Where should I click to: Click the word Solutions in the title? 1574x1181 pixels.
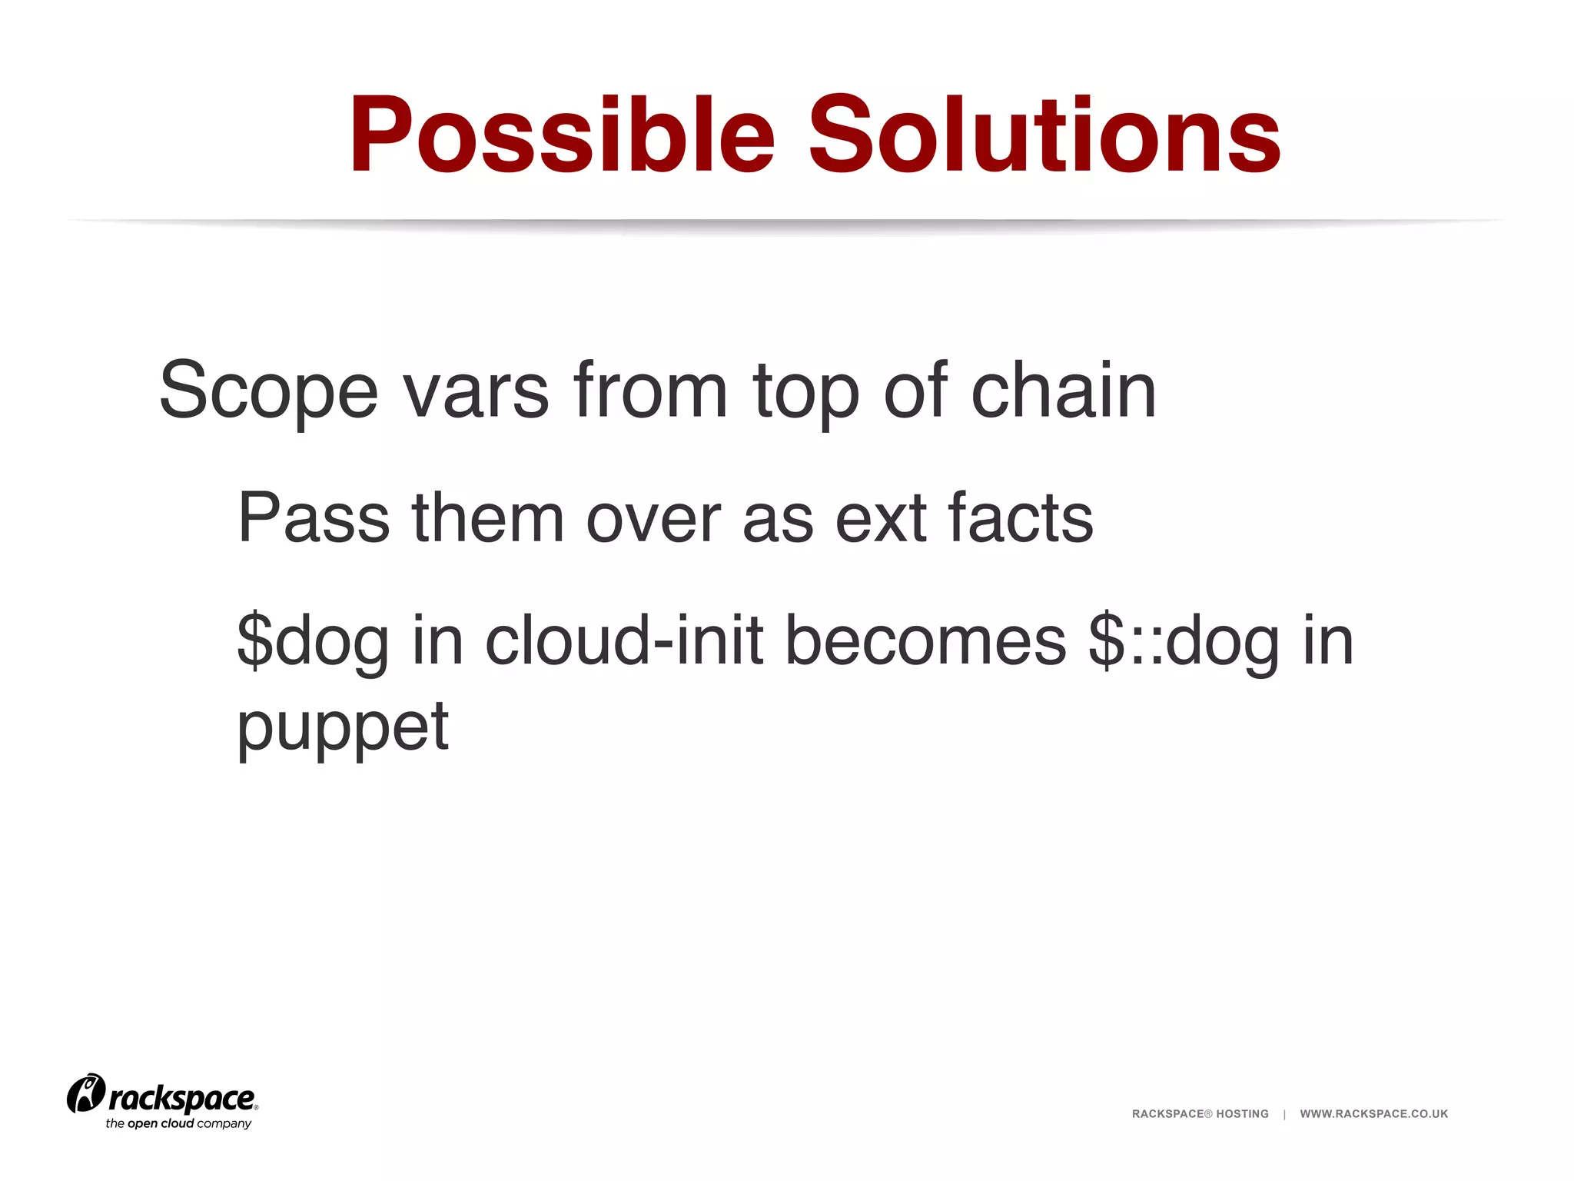[x=1044, y=136]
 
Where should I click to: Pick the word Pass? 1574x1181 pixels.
[x=314, y=518]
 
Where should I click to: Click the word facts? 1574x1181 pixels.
[x=1021, y=518]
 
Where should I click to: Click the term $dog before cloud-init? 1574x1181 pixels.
[x=313, y=643]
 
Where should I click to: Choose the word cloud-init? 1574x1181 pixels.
[x=624, y=641]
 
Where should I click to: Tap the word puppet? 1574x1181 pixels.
[x=343, y=729]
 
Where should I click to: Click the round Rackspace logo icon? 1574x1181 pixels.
[x=85, y=1093]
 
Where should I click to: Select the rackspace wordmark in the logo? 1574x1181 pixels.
[x=182, y=1099]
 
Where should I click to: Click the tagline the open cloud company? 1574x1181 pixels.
[x=178, y=1124]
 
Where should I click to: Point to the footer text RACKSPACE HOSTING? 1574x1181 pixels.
[x=1200, y=1114]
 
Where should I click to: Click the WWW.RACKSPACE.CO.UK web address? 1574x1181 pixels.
[x=1373, y=1114]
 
